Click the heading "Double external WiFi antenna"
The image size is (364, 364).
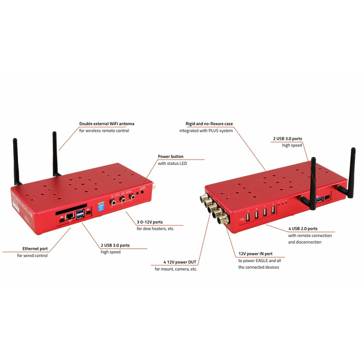106,124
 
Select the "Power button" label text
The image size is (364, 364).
171,157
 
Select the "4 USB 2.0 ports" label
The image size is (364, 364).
303,229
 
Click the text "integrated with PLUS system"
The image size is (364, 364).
206,131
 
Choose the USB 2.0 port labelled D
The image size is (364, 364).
273,210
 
